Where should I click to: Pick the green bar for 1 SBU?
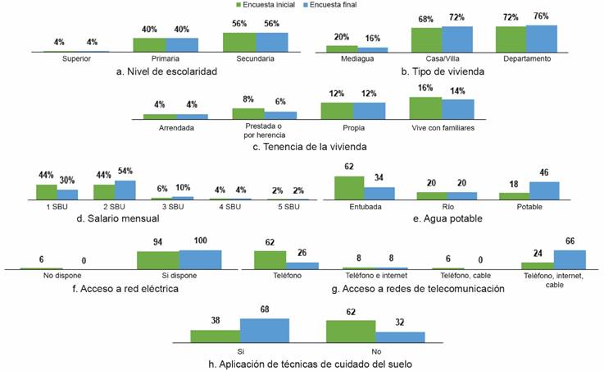[46, 192]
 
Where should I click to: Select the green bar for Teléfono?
[270, 260]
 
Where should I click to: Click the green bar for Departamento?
[511, 39]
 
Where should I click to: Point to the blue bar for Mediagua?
[373, 49]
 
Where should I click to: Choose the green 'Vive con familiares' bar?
[425, 108]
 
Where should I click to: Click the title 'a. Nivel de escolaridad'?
[166, 72]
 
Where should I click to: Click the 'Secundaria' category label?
[254, 59]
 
